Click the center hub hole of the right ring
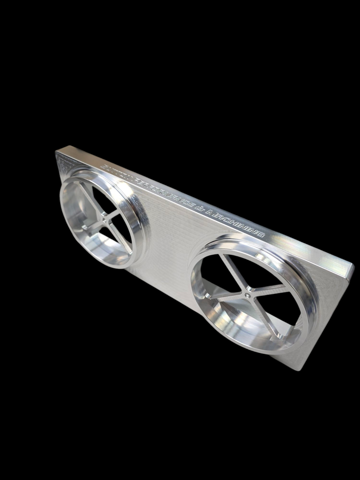point(248,295)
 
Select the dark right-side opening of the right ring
point(285,310)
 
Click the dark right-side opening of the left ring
point(125,220)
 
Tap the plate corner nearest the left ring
point(58,152)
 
